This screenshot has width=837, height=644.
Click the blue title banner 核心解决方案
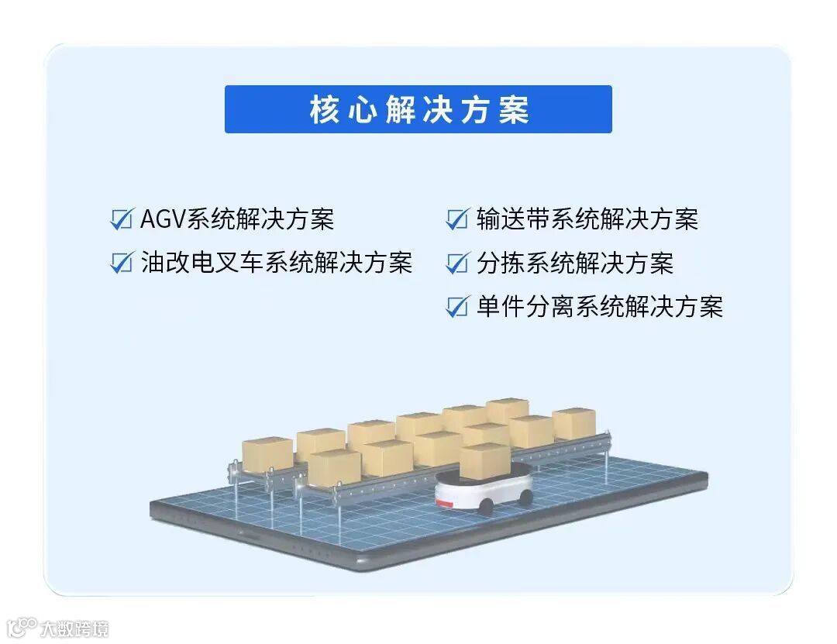click(418, 109)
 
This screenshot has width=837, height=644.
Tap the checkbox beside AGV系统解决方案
click(122, 219)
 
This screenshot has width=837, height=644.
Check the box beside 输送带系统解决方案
click(457, 219)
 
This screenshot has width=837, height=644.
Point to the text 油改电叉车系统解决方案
click(277, 263)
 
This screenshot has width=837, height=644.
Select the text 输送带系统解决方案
click(587, 219)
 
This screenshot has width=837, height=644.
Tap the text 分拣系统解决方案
click(575, 263)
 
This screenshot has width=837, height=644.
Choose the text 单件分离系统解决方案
click(600, 307)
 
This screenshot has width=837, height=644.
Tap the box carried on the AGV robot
click(484, 460)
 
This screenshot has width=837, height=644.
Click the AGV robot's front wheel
click(486, 507)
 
